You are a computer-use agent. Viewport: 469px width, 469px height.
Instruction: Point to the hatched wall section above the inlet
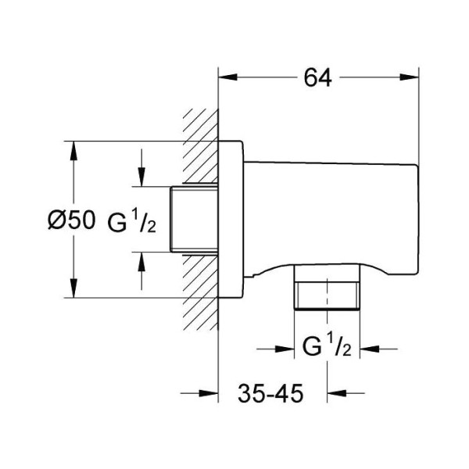199,149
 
